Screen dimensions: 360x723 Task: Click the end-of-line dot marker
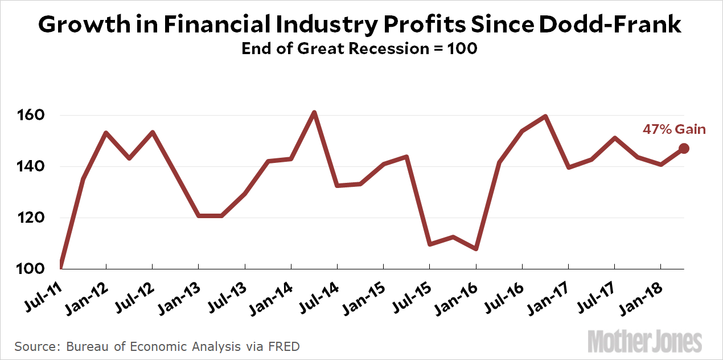(684, 149)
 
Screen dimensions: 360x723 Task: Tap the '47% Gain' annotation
(674, 130)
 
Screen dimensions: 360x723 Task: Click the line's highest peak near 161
(314, 113)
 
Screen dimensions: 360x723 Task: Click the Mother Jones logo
(644, 341)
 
